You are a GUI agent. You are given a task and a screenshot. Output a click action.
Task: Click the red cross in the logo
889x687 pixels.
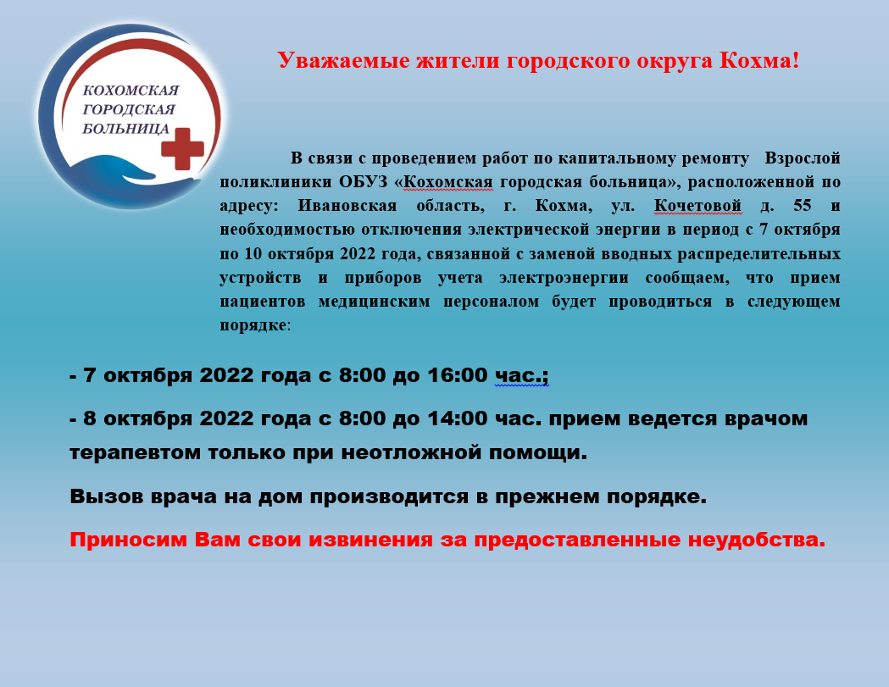(182, 148)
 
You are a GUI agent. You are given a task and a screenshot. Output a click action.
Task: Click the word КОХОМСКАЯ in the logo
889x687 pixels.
(131, 90)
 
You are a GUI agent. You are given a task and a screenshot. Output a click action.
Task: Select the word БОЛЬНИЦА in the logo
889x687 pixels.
(126, 129)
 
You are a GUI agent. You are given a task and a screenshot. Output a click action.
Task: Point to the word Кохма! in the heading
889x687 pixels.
(759, 60)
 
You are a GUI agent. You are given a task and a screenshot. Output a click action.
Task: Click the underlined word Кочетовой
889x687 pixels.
(697, 205)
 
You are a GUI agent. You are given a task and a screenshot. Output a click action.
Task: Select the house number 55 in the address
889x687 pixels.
(803, 205)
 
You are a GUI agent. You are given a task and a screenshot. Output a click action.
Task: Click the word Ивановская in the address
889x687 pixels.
(347, 205)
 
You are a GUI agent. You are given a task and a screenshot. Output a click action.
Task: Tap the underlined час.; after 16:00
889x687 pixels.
(521, 376)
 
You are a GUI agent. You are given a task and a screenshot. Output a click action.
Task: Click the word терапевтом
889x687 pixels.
(135, 453)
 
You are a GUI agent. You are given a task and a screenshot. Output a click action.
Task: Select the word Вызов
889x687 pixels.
(107, 496)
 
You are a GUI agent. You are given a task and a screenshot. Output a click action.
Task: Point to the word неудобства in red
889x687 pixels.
(757, 540)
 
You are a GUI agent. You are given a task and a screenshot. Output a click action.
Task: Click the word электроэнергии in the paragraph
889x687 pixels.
(564, 278)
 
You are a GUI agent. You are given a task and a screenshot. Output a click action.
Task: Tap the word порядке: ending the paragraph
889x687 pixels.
(255, 326)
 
